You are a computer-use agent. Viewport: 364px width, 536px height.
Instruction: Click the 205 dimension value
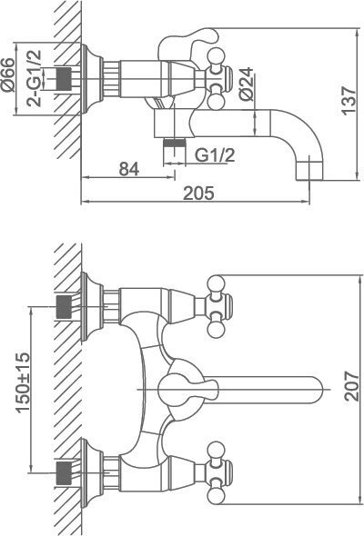[x=198, y=194]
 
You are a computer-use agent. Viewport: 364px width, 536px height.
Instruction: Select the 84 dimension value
[x=129, y=169]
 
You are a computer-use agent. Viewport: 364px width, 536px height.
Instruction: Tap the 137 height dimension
[x=349, y=101]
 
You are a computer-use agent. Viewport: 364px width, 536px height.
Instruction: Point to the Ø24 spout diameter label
[x=247, y=84]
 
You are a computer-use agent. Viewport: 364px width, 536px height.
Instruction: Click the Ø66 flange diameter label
[x=8, y=74]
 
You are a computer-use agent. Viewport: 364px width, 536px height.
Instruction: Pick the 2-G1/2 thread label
[x=35, y=78]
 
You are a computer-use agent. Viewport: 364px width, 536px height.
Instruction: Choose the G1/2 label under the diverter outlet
[x=215, y=155]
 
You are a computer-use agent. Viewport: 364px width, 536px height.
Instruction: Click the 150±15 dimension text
[x=24, y=382]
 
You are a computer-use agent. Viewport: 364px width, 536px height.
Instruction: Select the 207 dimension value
[x=351, y=386]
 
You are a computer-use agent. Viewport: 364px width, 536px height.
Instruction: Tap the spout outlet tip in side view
[x=309, y=171]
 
